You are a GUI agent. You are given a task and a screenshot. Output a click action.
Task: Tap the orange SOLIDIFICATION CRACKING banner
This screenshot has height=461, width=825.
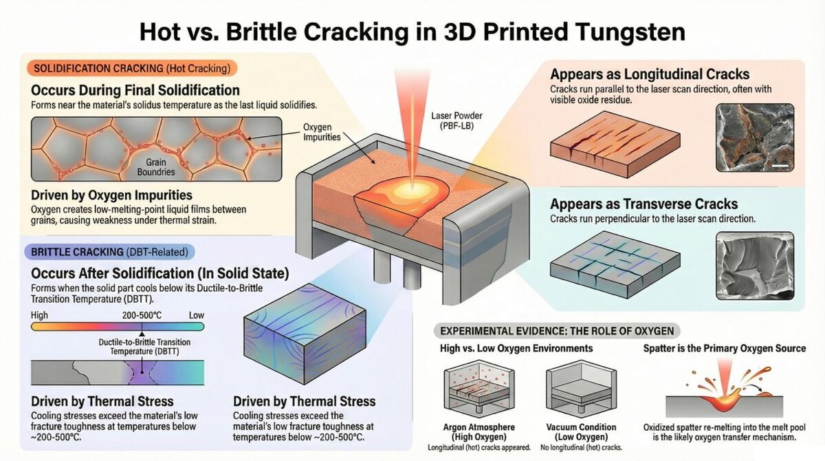pyautogui.click(x=131, y=68)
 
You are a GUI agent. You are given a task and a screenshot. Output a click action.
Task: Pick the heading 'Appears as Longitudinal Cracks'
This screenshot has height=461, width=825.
pyautogui.click(x=650, y=74)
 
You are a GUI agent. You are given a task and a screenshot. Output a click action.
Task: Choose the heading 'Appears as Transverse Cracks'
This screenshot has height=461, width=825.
pyautogui.click(x=644, y=204)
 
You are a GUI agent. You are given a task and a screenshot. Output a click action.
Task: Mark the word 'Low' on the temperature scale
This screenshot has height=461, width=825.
pyautogui.click(x=197, y=314)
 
